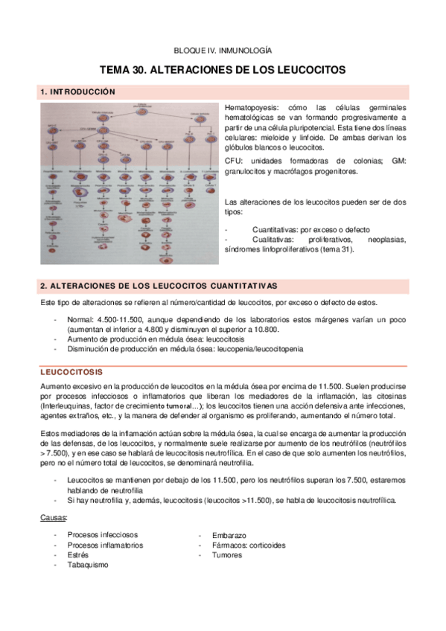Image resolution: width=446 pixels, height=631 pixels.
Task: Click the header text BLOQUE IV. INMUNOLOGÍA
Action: [x=223, y=51]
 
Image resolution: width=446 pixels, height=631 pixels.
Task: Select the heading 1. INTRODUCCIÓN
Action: [x=78, y=92]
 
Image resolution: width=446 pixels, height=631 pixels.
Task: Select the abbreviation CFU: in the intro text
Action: [x=233, y=161]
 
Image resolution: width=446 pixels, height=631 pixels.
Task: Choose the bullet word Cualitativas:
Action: [x=276, y=240]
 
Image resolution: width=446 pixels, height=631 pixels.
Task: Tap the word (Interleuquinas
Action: [x=68, y=406]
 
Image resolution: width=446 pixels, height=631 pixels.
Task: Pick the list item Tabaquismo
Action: [x=87, y=564]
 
